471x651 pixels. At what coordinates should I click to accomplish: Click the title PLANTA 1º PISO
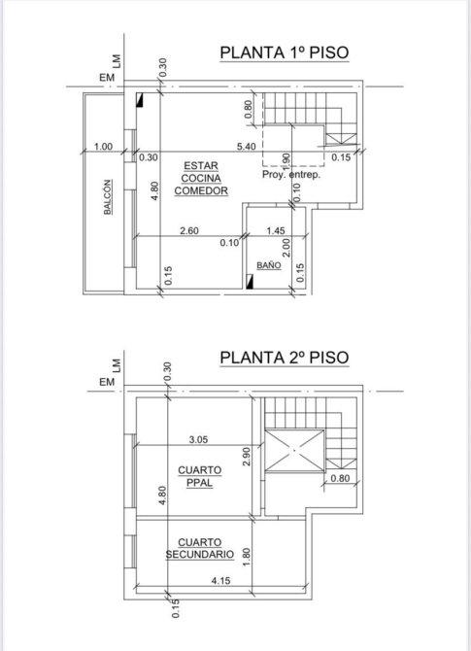click(285, 52)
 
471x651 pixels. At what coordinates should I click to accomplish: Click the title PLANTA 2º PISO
click(285, 357)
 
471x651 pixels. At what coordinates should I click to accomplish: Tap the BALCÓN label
click(108, 197)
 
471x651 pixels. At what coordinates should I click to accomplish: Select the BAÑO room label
click(268, 265)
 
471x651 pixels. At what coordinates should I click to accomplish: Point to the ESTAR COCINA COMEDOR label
click(201, 178)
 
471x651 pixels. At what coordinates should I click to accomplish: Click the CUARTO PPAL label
click(200, 476)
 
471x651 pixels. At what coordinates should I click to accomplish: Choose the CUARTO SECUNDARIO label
click(200, 548)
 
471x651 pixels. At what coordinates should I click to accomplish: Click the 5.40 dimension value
click(246, 147)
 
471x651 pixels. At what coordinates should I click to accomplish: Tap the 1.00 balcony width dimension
click(103, 147)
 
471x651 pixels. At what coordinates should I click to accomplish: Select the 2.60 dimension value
click(189, 231)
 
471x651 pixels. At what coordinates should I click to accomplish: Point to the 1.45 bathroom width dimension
click(276, 231)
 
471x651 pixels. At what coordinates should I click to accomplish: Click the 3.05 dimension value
click(198, 439)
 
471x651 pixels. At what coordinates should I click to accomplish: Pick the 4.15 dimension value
click(220, 580)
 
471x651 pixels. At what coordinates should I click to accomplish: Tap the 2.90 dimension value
click(247, 457)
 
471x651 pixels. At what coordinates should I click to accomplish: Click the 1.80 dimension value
click(247, 558)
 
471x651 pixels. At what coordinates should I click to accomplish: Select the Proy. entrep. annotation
click(291, 174)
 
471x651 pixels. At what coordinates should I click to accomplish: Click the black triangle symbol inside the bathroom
click(250, 282)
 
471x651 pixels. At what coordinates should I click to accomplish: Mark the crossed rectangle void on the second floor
click(294, 451)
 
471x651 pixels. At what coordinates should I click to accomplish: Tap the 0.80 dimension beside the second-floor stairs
click(340, 478)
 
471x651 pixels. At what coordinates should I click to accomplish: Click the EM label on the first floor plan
click(107, 78)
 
